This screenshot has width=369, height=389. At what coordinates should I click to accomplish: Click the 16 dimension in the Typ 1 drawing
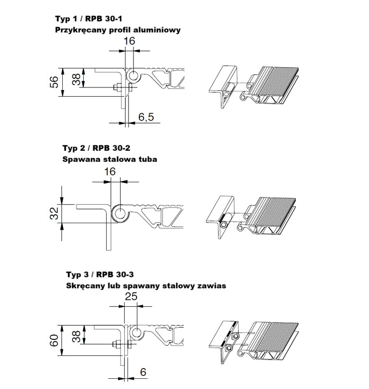point(129,41)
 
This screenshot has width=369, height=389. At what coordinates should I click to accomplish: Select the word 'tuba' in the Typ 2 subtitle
point(147,159)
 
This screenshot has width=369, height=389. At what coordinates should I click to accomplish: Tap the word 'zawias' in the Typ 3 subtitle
point(210,286)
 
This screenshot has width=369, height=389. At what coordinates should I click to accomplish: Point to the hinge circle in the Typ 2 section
point(118,212)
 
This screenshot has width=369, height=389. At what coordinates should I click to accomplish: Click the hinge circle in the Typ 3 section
point(137,333)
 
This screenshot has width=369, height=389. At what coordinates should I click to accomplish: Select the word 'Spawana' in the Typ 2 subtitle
point(79,159)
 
